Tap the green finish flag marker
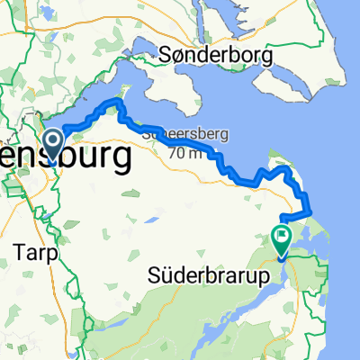tap(281, 238)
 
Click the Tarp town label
tap(36, 254)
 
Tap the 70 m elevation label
tap(182, 152)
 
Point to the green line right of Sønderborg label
tap(310, 54)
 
